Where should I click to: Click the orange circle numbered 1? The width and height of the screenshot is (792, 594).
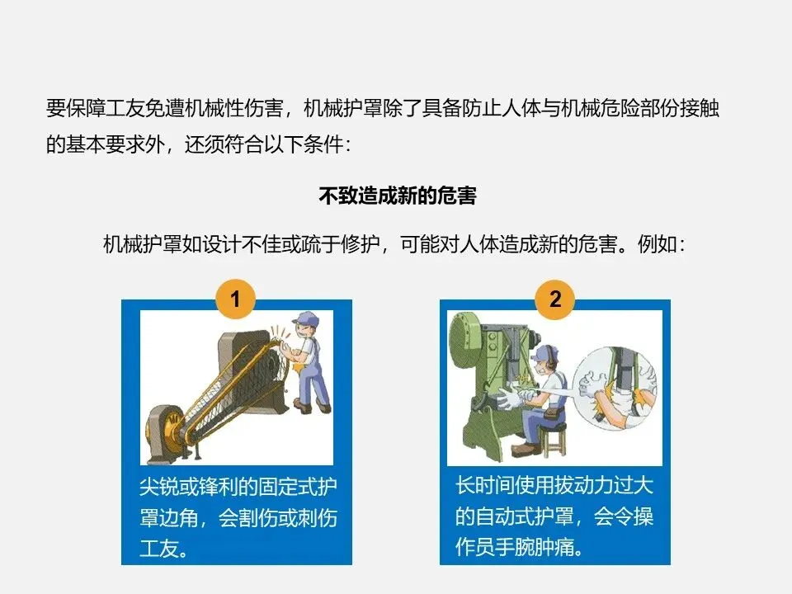click(x=235, y=299)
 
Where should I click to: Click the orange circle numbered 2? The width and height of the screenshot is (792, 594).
click(x=555, y=299)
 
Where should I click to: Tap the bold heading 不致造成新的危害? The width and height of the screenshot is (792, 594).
click(x=398, y=196)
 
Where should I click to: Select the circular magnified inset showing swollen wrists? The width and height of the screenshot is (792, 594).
click(x=615, y=388)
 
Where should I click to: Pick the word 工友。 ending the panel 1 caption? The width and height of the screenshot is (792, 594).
click(x=164, y=549)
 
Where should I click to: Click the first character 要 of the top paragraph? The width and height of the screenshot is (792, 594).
click(x=55, y=108)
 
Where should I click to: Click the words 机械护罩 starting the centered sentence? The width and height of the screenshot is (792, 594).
click(x=143, y=244)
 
